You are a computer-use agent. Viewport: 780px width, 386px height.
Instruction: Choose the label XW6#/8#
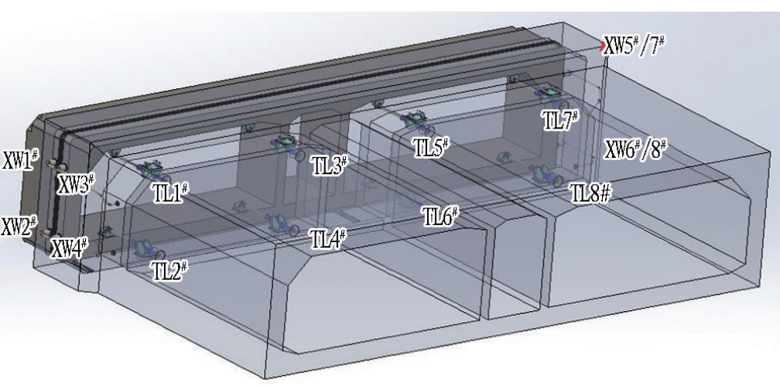pos(635,149)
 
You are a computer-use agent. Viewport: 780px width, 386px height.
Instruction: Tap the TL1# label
pos(170,193)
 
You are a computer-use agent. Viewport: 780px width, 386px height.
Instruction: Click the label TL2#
pos(169,270)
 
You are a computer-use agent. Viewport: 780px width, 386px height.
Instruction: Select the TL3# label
pos(329,165)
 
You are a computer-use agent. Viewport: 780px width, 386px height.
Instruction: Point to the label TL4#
pos(327,239)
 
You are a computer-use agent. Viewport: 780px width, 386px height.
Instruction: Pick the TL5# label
pos(432,147)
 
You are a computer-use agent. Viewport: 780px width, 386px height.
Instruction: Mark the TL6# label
pos(440,215)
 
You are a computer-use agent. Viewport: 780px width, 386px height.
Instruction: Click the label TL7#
pos(561,121)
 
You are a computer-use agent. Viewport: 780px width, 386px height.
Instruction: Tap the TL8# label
pos(590,193)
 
